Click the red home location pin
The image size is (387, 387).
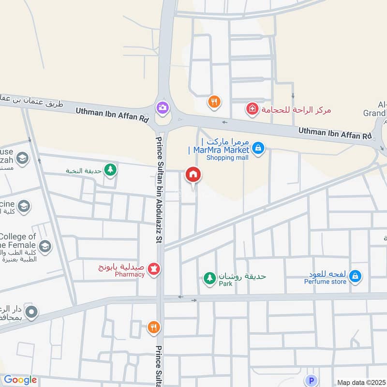(x=193, y=175)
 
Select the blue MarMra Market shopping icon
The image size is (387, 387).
(x=258, y=148)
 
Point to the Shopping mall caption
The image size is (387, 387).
(x=227, y=158)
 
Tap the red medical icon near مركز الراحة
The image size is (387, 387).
(x=252, y=109)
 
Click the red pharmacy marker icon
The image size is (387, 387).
(x=154, y=268)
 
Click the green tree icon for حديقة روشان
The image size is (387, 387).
(x=209, y=278)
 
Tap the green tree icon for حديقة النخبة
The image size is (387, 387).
(x=111, y=169)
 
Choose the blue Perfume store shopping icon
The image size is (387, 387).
(x=355, y=276)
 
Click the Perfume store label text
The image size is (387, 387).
(x=325, y=282)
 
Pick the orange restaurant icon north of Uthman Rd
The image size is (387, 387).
(x=214, y=102)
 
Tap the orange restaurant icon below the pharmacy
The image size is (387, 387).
(x=153, y=328)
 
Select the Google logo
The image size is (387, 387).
(x=20, y=380)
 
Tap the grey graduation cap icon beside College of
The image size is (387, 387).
(x=45, y=246)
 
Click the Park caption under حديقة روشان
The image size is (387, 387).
(x=225, y=283)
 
